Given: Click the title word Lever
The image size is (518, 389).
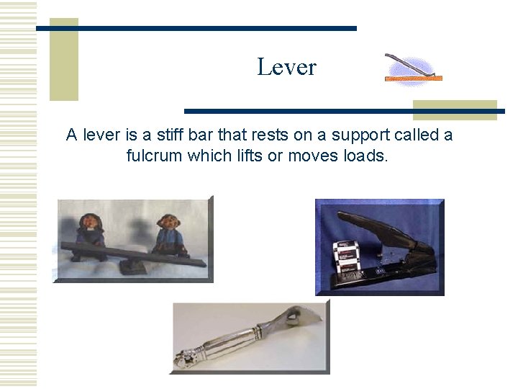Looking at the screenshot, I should click(286, 67).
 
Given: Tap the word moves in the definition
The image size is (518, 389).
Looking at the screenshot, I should click(310, 155).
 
